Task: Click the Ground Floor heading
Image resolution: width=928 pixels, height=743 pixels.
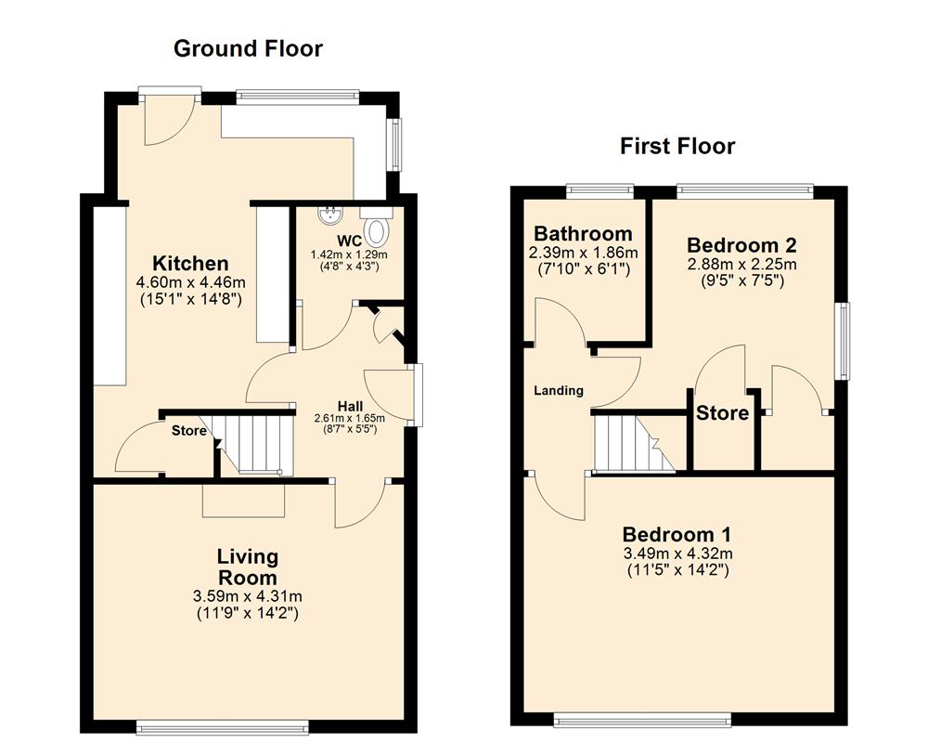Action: tap(248, 48)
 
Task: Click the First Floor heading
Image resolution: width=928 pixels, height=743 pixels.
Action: tap(677, 146)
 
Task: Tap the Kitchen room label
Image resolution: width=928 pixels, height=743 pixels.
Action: tap(190, 263)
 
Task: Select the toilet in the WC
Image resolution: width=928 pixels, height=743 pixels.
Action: tap(377, 228)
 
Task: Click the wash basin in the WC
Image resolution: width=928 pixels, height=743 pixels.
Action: tap(329, 216)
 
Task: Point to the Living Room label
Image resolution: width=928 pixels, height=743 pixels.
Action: tap(247, 566)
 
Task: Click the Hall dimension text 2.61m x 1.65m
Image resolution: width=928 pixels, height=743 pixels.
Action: tap(349, 418)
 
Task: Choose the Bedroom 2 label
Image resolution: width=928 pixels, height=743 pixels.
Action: tap(741, 245)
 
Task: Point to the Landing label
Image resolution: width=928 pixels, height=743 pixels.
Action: tap(558, 390)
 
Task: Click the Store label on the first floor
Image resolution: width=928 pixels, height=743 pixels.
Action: tap(722, 412)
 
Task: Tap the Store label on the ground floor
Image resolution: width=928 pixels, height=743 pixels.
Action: tap(189, 431)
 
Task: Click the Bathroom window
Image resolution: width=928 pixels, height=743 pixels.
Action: tap(600, 190)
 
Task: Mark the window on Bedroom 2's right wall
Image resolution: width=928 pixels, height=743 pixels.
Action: tap(844, 340)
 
